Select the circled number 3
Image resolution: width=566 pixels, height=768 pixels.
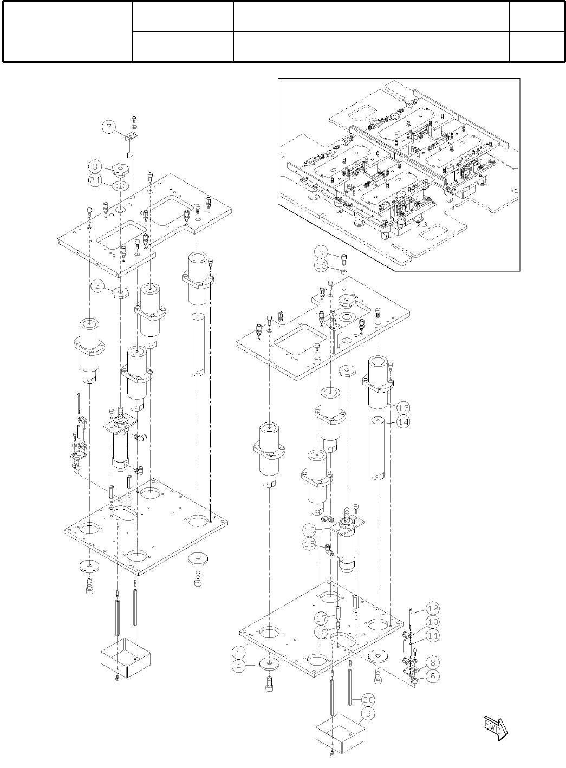coord(94,165)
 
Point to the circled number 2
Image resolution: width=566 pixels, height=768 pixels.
coord(97,287)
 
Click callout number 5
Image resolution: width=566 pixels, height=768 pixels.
coord(321,252)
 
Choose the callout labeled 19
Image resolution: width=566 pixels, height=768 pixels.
coord(321,265)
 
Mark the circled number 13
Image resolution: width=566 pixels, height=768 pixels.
coord(403,407)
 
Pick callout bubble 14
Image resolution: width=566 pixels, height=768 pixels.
coord(403,422)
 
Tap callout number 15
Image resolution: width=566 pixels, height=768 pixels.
coord(309,544)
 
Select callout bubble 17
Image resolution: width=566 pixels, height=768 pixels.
coord(321,619)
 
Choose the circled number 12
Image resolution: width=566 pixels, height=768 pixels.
coord(433,608)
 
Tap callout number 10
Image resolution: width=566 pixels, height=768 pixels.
coord(433,622)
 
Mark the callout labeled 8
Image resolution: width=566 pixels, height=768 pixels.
coord(433,662)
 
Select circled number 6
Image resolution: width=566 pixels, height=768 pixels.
coord(433,676)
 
